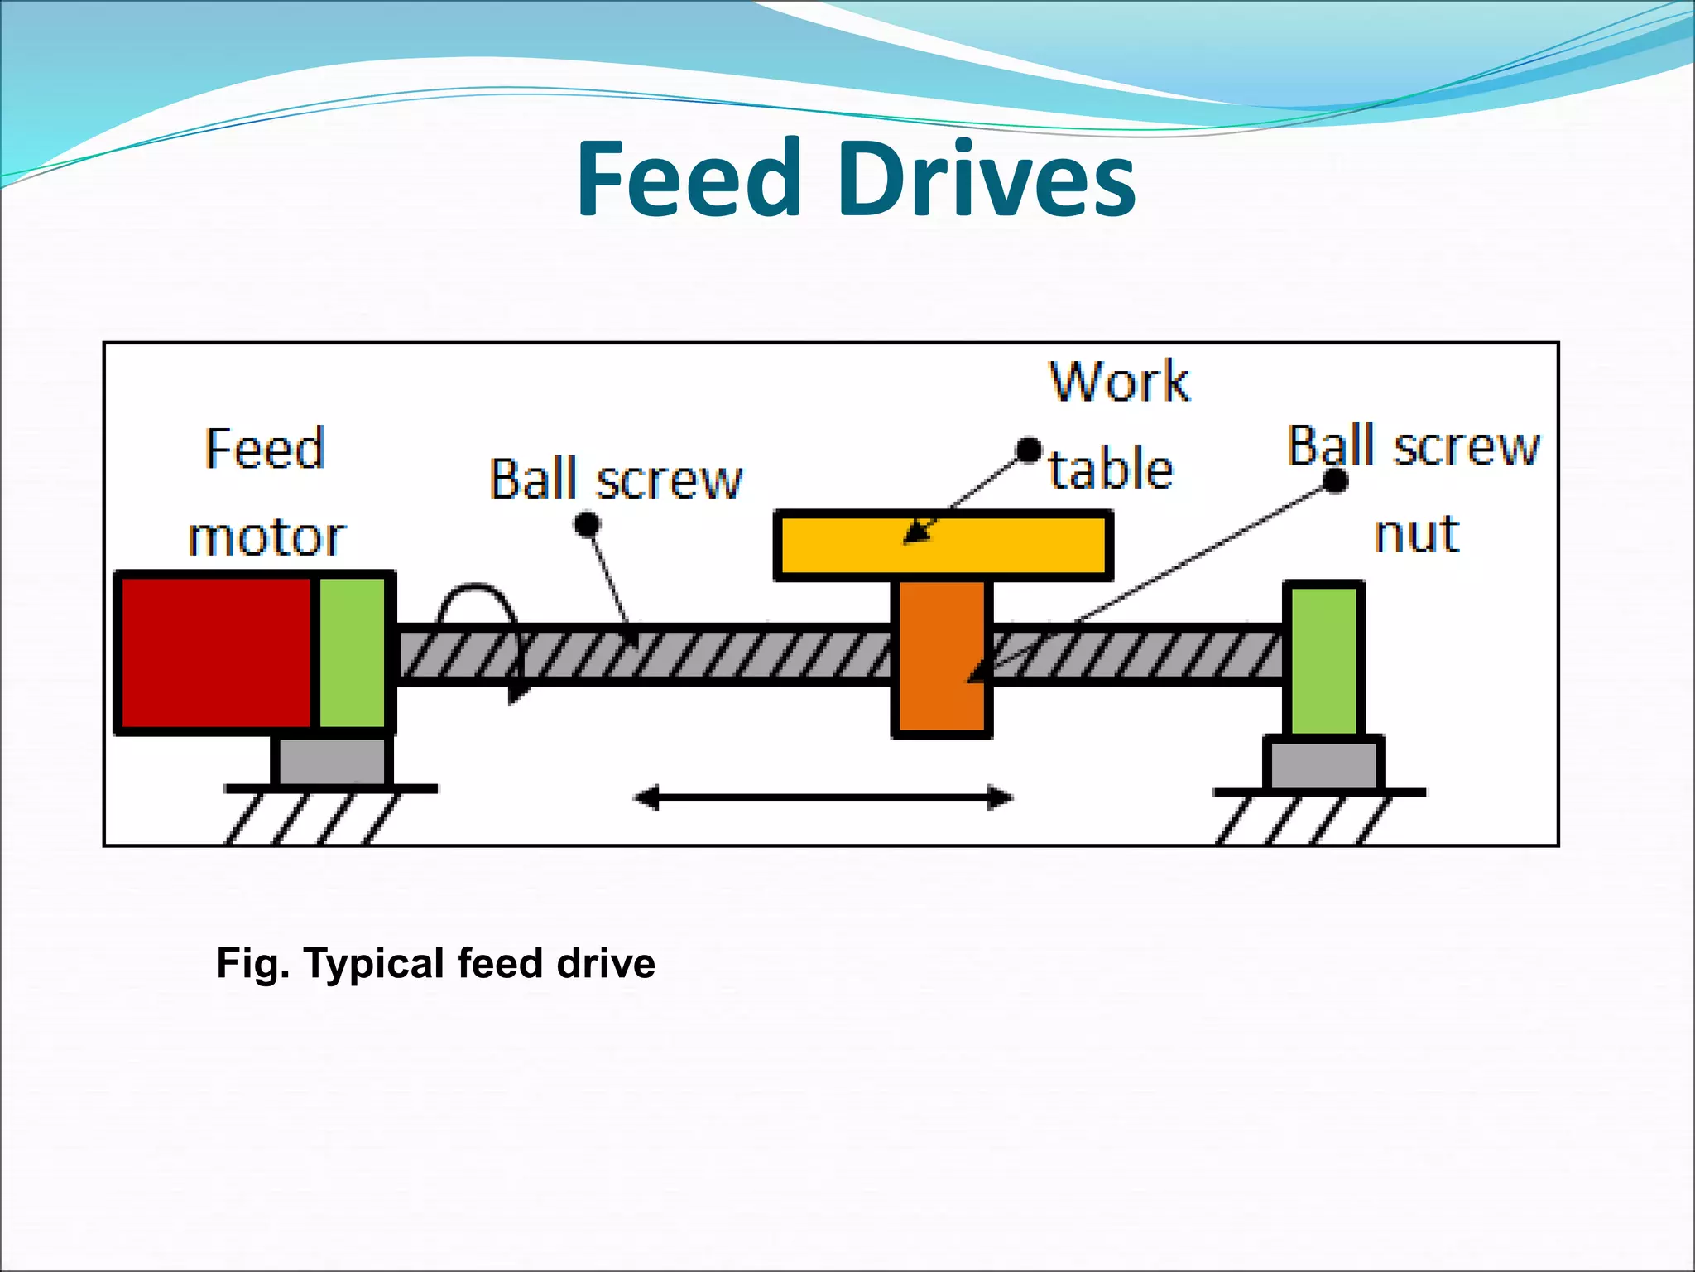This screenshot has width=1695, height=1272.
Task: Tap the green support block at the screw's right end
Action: (x=1323, y=658)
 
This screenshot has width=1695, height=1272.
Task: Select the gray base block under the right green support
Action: (x=1323, y=764)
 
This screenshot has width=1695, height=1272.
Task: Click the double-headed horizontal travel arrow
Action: (x=823, y=798)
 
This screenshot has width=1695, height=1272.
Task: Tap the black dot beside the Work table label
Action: (x=1029, y=450)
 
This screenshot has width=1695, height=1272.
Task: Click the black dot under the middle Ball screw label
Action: (x=587, y=524)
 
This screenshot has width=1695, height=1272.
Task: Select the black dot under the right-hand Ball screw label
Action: (x=1335, y=480)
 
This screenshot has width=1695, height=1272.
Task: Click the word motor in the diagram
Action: (x=266, y=538)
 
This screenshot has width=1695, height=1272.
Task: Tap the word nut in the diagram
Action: (x=1416, y=535)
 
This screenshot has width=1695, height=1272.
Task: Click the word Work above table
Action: (x=1119, y=383)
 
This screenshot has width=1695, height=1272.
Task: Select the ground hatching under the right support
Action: (x=1304, y=820)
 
